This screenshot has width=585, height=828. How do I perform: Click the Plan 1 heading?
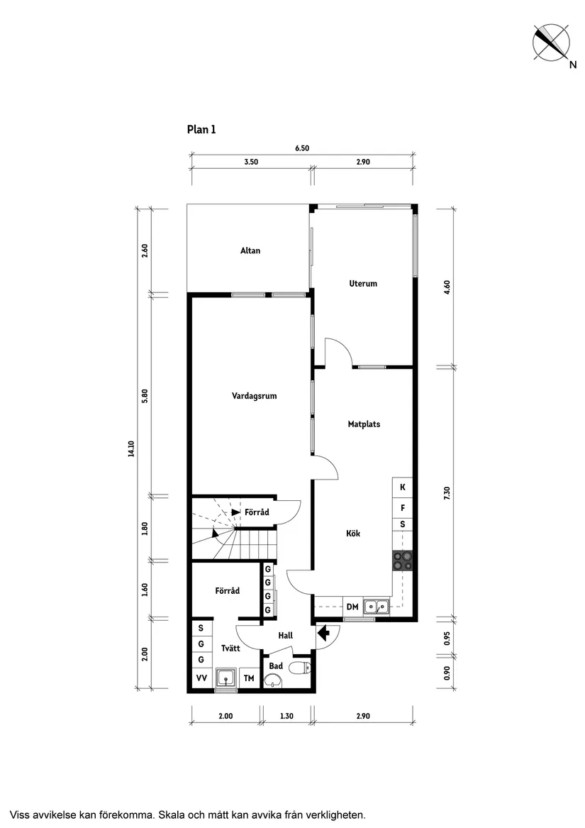pyautogui.click(x=201, y=129)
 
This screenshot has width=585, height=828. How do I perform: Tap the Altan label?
pyautogui.click(x=250, y=250)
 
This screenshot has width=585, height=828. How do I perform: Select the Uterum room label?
pyautogui.click(x=363, y=283)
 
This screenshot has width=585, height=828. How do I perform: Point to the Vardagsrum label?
pyautogui.click(x=254, y=396)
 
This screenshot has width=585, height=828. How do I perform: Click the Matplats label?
pyautogui.click(x=364, y=424)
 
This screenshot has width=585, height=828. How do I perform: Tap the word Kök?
pyautogui.click(x=353, y=534)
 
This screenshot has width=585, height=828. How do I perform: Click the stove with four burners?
pyautogui.click(x=403, y=561)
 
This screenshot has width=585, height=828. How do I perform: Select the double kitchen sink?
pyautogui.click(x=376, y=606)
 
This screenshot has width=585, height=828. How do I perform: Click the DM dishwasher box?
pyautogui.click(x=352, y=607)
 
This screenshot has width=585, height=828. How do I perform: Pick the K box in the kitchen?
pyautogui.click(x=403, y=487)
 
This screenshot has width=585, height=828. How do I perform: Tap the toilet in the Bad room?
pyautogui.click(x=303, y=667)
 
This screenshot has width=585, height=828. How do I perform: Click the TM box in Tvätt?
pyautogui.click(x=249, y=678)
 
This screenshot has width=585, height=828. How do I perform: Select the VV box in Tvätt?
pyautogui.click(x=201, y=678)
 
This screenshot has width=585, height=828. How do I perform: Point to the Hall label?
pyautogui.click(x=285, y=636)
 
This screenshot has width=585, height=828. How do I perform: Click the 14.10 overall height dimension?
pyautogui.click(x=131, y=450)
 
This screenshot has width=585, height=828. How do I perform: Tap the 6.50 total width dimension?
pyautogui.click(x=302, y=148)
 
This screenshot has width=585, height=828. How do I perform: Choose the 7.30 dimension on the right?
pyautogui.click(x=447, y=492)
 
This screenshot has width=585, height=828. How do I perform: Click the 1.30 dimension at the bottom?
pyautogui.click(x=286, y=717)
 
